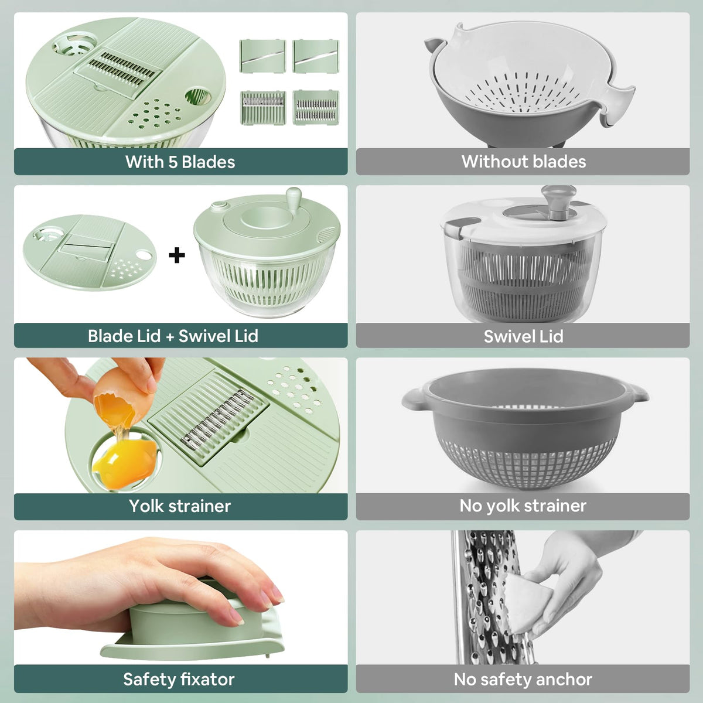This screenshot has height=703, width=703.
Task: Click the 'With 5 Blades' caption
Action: tap(180, 162)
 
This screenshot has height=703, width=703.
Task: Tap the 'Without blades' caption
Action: tap(523, 162)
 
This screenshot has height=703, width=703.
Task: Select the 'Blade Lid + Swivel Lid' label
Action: tap(173, 336)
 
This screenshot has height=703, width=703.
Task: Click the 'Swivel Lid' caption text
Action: tap(523, 336)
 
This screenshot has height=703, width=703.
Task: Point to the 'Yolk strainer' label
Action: tap(180, 506)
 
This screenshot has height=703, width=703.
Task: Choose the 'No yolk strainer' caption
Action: tap(523, 506)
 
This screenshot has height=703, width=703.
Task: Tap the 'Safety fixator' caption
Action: tap(179, 679)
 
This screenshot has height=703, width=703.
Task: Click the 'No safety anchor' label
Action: tap(523, 679)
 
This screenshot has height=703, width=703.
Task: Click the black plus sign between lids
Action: tap(177, 255)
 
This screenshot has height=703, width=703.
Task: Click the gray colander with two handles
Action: tap(524, 434)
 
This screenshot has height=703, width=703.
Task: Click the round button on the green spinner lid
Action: tap(220, 206)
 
